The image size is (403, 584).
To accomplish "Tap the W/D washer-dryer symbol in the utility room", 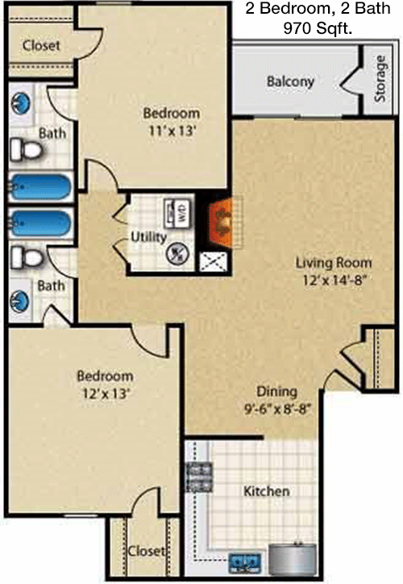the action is pos(177,214).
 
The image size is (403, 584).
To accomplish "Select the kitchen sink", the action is pos(244,562).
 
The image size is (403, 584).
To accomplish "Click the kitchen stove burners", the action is pos(199,477).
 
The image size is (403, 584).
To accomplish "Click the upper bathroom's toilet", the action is pos(26,150).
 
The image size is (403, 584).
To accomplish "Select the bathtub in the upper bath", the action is pos(39,186).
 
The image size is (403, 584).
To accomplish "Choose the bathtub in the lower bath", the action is pos(39,223).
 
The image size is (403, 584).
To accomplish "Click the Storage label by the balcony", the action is pos(380,78).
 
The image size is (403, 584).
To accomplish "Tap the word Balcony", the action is pos(290,81).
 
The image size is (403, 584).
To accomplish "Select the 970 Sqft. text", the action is pos(318,28).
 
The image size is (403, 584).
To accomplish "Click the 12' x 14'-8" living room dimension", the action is pos(333,281).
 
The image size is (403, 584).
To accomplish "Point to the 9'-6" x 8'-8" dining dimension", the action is pos(277,409).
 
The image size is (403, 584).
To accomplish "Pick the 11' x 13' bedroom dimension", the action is pos(172,131).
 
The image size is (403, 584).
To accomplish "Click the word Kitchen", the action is pos(267,491).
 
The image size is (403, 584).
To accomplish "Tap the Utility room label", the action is pos(148,237).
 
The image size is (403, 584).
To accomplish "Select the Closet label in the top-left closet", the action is pos(41,45).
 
